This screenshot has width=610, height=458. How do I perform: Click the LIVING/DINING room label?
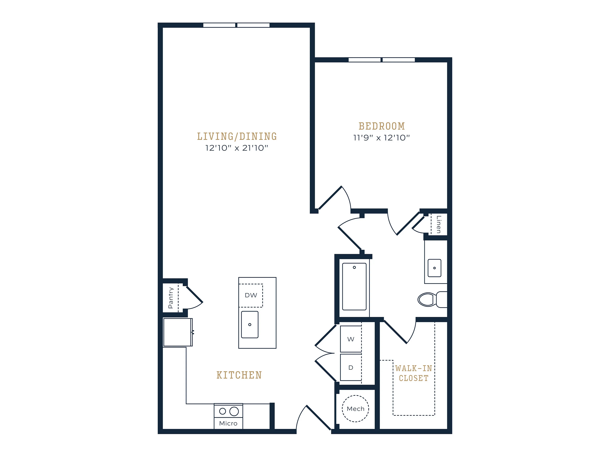[237, 136]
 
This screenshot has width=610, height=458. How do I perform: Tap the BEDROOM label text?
[382, 126]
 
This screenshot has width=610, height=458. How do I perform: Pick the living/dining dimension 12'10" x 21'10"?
[237, 148]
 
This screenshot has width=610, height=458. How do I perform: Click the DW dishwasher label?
[251, 295]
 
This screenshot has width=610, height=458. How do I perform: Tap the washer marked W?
[351, 339]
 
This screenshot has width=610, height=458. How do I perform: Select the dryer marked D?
[351, 368]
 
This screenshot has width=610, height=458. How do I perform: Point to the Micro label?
[228, 423]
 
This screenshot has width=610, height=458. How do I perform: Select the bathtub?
[354, 287]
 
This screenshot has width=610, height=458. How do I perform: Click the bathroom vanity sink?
[434, 268]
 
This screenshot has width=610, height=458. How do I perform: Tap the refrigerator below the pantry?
[178, 332]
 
